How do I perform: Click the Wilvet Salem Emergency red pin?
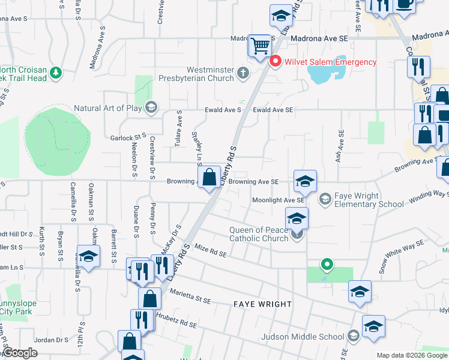tap(276, 62)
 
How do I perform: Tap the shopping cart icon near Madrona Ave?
tap(260, 44)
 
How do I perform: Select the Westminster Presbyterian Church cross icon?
tap(243, 73)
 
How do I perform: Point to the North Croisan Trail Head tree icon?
tap(56, 73)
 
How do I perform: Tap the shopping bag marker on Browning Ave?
tap(209, 178)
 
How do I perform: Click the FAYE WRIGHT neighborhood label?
tap(262, 305)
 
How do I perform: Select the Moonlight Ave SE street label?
tap(278, 200)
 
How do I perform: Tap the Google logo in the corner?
tap(20, 353)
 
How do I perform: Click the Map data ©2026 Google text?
tap(412, 355)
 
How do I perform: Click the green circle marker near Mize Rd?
tap(327, 263)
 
